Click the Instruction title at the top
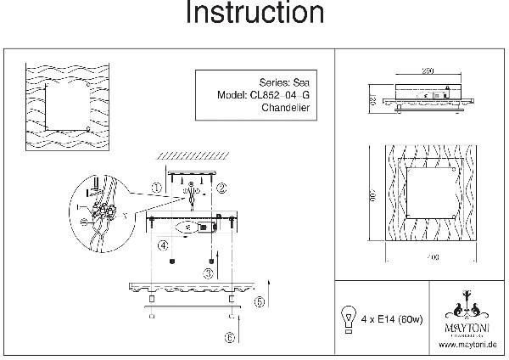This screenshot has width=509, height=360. [x=255, y=14]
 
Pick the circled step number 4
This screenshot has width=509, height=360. [x=160, y=245]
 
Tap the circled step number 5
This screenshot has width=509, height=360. [x=260, y=301]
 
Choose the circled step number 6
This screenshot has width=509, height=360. [x=229, y=336]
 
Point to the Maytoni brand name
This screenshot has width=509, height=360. [x=467, y=323]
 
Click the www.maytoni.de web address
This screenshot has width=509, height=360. [x=467, y=345]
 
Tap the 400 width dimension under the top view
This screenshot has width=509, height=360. [x=422, y=256]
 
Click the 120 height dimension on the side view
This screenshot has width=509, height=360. [x=372, y=99]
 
